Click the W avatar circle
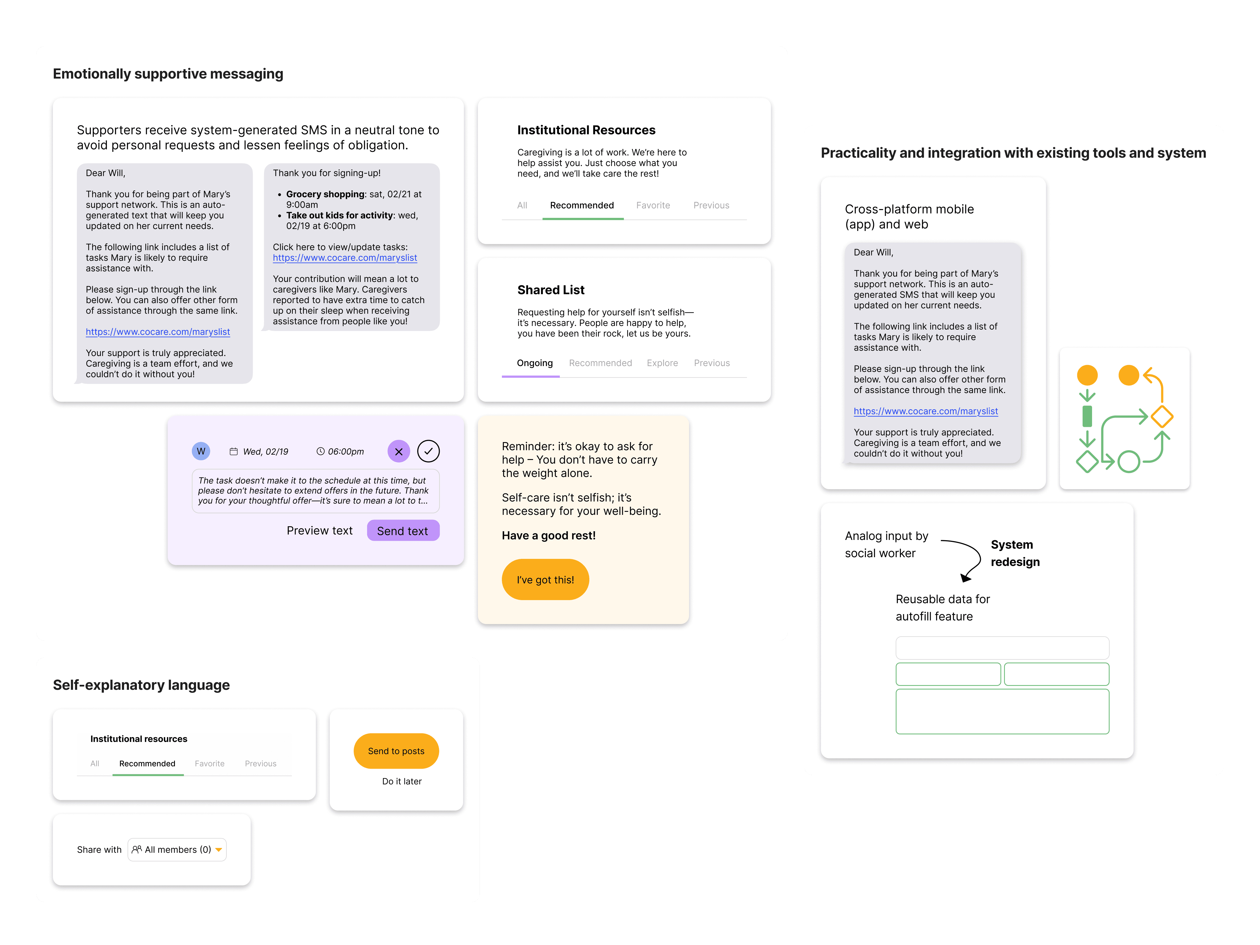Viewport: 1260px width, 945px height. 201,451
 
